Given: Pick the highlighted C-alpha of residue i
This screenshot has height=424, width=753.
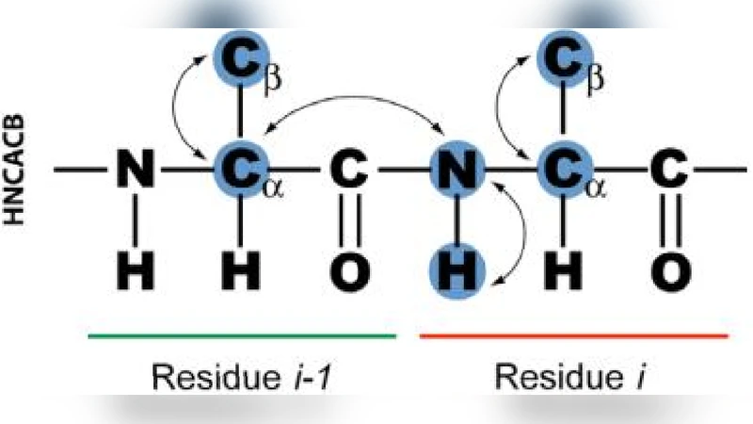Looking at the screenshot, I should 562,171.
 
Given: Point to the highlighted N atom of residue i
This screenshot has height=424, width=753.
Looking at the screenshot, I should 455,171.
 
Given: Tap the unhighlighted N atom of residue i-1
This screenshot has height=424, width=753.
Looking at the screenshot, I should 137,171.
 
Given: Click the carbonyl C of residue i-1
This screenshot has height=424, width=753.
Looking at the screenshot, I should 350,171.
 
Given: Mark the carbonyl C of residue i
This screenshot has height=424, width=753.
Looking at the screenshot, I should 669,171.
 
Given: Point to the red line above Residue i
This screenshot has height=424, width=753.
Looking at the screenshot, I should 573,334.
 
